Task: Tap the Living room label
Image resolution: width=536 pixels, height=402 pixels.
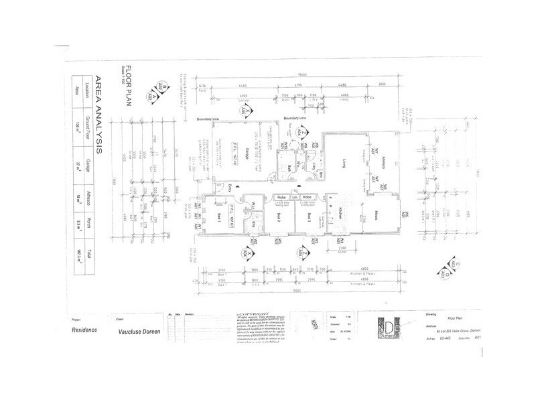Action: tap(346, 160)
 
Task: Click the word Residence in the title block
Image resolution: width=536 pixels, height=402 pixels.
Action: tap(84, 330)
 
